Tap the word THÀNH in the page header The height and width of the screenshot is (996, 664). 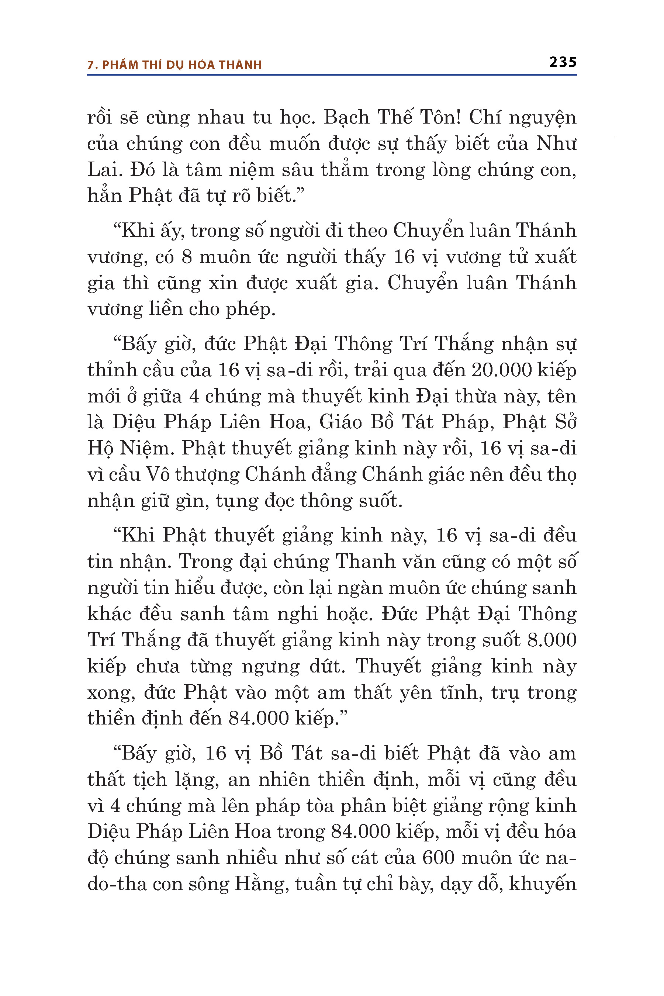click(x=241, y=65)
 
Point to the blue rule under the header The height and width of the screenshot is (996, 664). click(x=332, y=75)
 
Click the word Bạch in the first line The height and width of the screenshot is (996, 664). click(x=346, y=117)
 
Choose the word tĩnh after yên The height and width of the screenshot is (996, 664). click(x=463, y=692)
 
